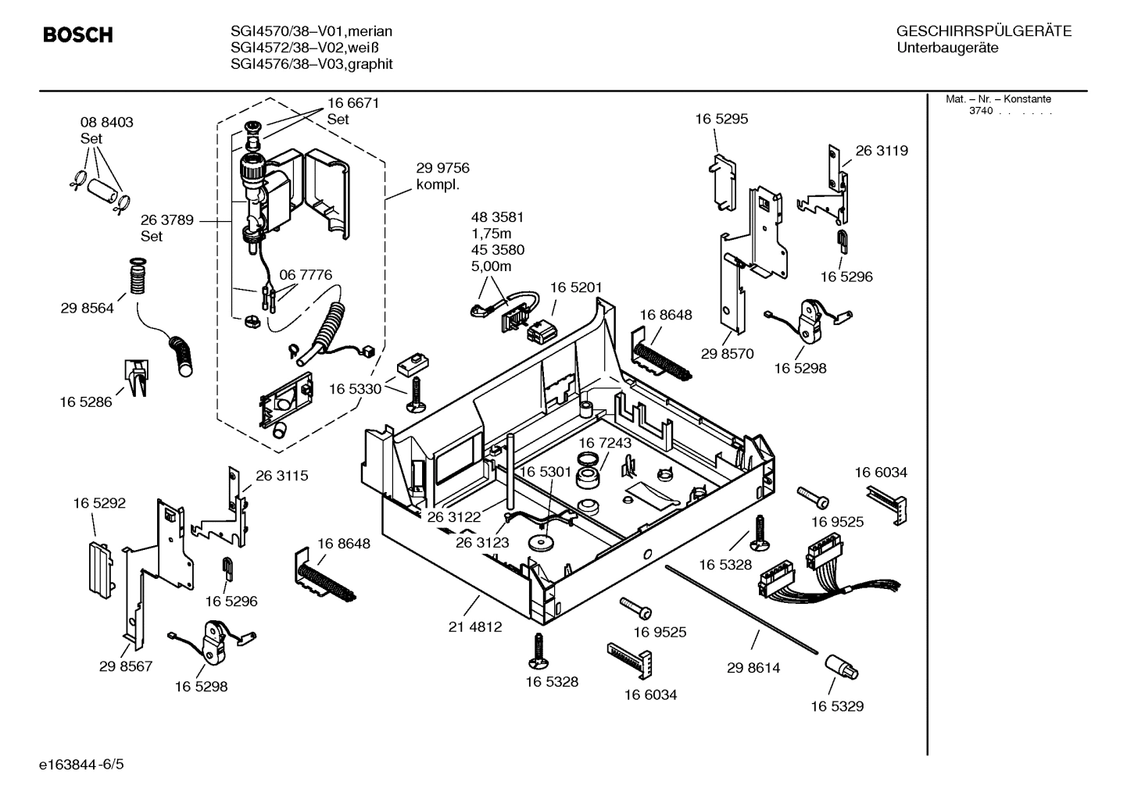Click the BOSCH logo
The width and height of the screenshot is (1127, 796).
click(x=77, y=35)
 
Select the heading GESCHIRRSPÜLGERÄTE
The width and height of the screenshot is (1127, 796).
click(x=983, y=31)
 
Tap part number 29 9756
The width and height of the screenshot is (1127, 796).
click(x=442, y=168)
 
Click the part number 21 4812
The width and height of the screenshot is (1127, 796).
click(x=474, y=626)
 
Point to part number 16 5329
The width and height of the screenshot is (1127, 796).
click(x=836, y=706)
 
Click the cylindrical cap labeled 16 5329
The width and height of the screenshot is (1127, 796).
click(x=840, y=667)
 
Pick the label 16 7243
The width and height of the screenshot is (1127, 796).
click(x=604, y=443)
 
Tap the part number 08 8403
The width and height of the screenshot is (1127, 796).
click(x=106, y=122)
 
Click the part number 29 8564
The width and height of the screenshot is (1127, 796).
click(x=87, y=308)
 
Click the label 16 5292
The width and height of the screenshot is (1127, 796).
click(x=99, y=503)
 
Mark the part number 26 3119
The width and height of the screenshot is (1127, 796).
click(x=881, y=151)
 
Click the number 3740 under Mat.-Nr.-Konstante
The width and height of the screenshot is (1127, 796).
click(x=980, y=111)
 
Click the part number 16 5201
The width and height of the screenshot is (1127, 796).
click(x=575, y=287)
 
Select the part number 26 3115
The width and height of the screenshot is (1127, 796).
click(x=281, y=475)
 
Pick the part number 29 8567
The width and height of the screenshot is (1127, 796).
click(x=125, y=666)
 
